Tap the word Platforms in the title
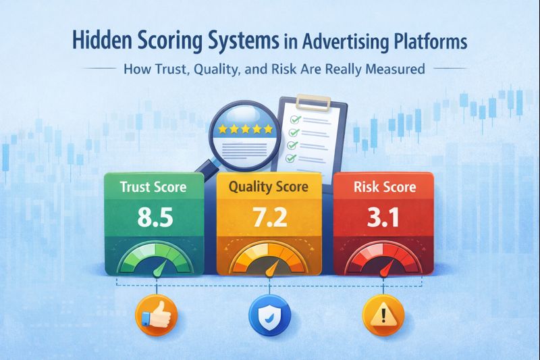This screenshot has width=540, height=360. pyautogui.click(x=425, y=42)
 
